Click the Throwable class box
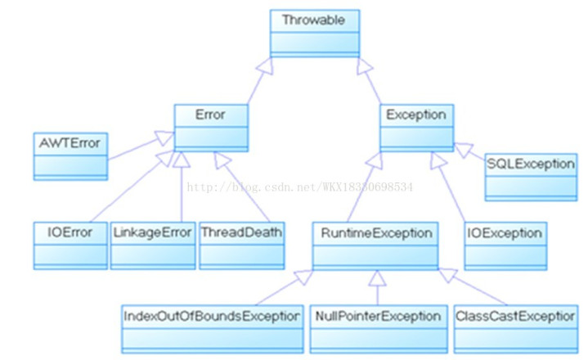click(x=315, y=34)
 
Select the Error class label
click(x=210, y=115)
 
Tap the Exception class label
click(x=416, y=115)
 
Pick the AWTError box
click(x=70, y=156)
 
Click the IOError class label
click(x=70, y=232)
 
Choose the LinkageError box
click(x=153, y=245)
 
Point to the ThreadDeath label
click(x=241, y=232)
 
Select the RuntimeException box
click(x=375, y=246)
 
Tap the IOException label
click(x=505, y=233)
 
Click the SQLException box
click(x=531, y=177)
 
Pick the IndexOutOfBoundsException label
click(x=212, y=316)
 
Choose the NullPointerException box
click(x=379, y=329)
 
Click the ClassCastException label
click(x=515, y=316)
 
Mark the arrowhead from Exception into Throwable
click(x=363, y=66)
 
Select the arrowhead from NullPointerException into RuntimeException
click(x=377, y=278)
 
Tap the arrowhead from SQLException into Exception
click(x=464, y=149)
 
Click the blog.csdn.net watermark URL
click(x=299, y=187)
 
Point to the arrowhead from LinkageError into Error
click(x=182, y=160)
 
